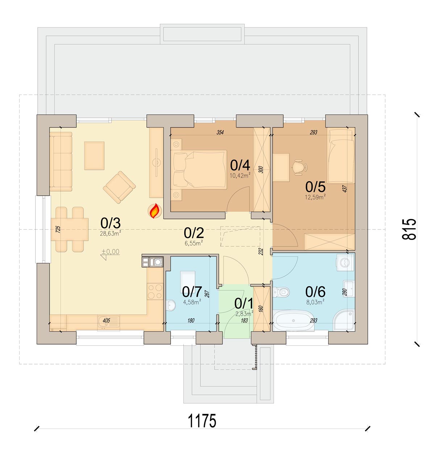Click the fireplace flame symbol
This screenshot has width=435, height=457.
click(155, 211)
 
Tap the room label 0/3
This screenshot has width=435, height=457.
click(111, 223)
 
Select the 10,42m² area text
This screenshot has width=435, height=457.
click(240, 175)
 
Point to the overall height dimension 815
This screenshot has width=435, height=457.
click(409, 229)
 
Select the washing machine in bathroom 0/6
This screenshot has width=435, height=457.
click(345, 262)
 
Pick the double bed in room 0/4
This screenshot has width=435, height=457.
click(199, 169)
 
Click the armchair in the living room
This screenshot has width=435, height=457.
click(119, 187)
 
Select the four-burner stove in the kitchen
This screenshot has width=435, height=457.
click(155, 291)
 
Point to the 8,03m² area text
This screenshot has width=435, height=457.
click(315, 302)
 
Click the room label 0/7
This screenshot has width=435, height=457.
click(192, 292)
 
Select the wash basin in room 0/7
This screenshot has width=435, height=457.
click(171, 305)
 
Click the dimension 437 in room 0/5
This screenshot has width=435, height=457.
click(345, 188)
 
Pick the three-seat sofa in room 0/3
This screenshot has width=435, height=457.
click(61, 162)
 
